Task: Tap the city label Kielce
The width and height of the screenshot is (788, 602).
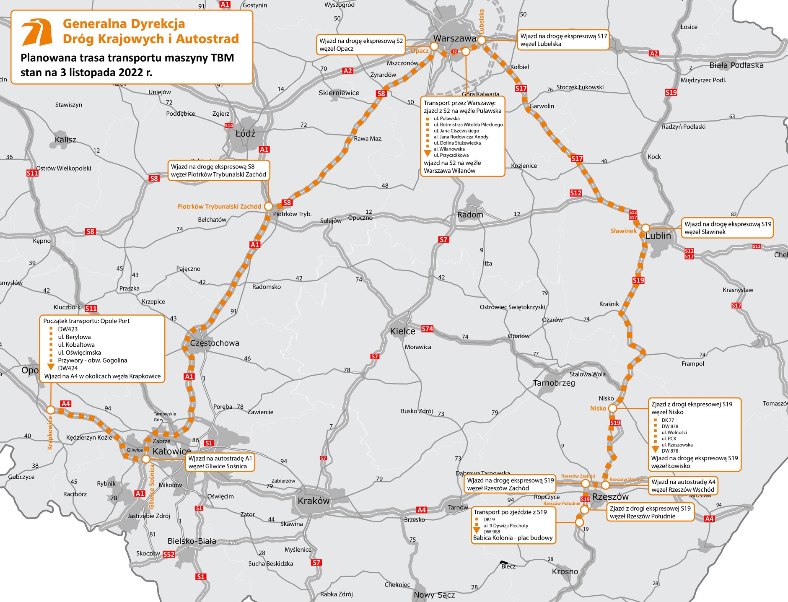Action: [402, 331]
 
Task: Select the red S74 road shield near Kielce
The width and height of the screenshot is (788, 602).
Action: [427, 329]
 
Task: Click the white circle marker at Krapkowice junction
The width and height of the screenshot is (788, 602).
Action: [50, 410]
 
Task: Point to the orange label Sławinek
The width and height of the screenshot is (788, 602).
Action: [623, 231]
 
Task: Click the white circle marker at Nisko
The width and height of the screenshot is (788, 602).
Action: [612, 408]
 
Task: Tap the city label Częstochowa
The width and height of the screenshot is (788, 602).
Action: [215, 343]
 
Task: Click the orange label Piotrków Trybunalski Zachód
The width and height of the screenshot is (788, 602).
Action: [219, 206]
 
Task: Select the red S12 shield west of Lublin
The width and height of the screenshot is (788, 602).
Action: [575, 193]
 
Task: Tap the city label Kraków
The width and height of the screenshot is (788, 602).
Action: [314, 501]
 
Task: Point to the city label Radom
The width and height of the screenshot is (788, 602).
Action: [470, 215]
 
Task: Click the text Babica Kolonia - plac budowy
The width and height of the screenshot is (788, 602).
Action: [513, 538]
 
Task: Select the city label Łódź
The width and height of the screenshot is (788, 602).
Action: [245, 133]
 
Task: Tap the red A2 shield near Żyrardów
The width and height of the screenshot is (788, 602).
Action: [347, 71]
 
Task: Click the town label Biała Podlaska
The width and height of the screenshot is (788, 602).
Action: [736, 65]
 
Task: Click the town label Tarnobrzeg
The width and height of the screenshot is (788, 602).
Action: [554, 383]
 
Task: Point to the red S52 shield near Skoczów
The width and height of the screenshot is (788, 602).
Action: [168, 554]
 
